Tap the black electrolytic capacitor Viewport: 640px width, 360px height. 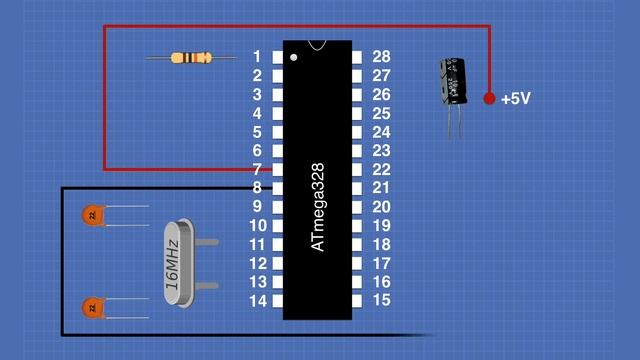454,82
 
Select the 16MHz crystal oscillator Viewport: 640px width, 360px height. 174,262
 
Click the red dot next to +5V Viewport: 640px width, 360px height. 489,98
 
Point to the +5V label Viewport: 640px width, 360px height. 517,99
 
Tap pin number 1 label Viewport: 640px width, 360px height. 257,57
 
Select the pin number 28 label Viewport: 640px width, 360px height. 380,57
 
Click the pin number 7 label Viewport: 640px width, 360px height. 257,169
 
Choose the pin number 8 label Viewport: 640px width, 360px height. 257,188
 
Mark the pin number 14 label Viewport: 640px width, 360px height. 257,300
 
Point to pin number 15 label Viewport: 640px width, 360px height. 380,300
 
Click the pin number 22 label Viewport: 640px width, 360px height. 380,169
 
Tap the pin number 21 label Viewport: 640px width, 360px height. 380,188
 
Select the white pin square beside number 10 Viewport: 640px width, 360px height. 277,226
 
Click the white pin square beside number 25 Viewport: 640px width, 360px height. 359,113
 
